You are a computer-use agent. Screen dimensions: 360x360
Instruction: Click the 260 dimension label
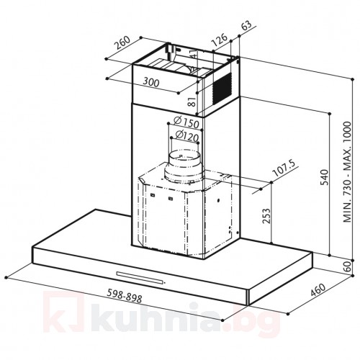tap(122, 42)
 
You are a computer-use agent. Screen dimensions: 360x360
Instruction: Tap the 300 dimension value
tap(151, 82)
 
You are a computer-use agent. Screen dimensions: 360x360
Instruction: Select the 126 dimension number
tap(219, 40)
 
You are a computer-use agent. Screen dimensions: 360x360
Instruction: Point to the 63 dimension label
tap(246, 25)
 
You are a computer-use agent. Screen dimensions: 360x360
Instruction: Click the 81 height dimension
tap(192, 102)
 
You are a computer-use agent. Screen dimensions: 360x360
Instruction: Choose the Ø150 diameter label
tap(186, 122)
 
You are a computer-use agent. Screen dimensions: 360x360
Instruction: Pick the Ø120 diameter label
tap(186, 136)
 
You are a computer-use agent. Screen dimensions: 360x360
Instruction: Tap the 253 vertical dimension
tap(266, 216)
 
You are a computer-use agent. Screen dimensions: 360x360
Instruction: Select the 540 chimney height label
tap(325, 177)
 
